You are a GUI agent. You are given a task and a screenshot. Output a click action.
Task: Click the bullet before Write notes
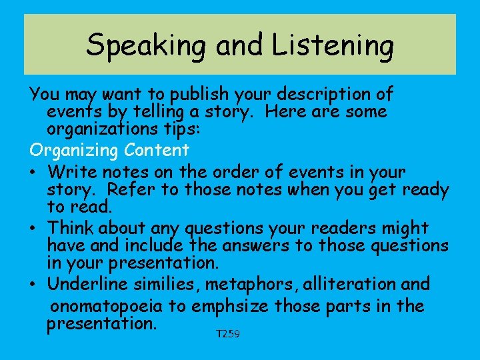point(33,171)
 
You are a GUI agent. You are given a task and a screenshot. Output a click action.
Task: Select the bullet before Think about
point(33,227)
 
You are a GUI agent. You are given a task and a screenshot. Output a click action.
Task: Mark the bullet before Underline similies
point(33,284)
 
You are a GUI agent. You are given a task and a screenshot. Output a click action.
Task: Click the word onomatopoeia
point(119,306)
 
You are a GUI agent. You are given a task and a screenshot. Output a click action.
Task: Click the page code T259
point(227,333)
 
